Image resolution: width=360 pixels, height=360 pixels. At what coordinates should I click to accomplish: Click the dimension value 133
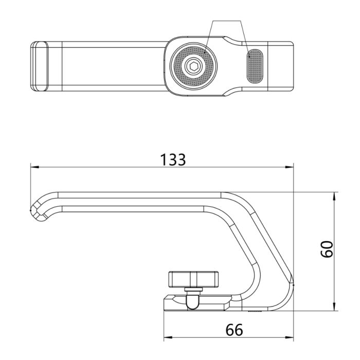[172, 159]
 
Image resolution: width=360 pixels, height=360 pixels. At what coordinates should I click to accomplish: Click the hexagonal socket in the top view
[193, 66]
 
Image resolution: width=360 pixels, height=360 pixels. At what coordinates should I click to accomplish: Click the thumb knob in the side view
[193, 279]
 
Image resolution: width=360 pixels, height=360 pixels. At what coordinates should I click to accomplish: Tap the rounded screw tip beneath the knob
[193, 302]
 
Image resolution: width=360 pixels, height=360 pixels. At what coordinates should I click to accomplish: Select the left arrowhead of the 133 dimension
[33, 167]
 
